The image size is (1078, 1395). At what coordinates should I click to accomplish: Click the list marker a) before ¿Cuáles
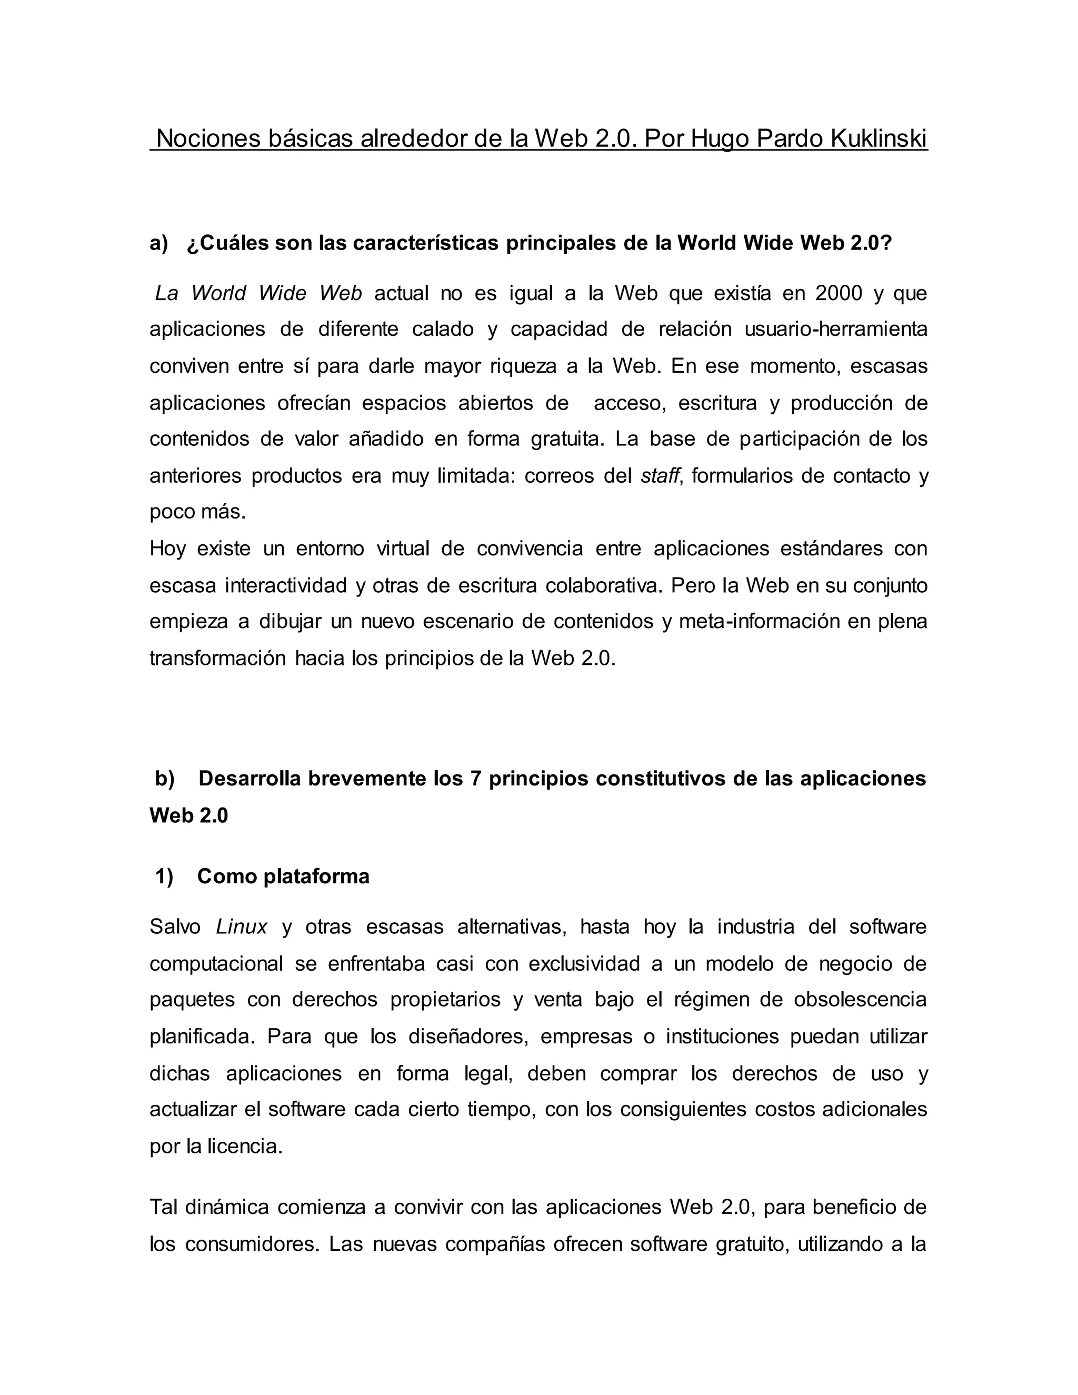click(x=159, y=243)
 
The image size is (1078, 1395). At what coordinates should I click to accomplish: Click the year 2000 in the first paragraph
click(x=839, y=293)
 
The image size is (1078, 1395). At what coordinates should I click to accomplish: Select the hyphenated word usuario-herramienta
click(x=836, y=330)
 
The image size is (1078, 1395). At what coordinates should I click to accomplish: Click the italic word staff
click(x=660, y=476)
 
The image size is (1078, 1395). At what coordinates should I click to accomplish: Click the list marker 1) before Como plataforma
click(x=164, y=876)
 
